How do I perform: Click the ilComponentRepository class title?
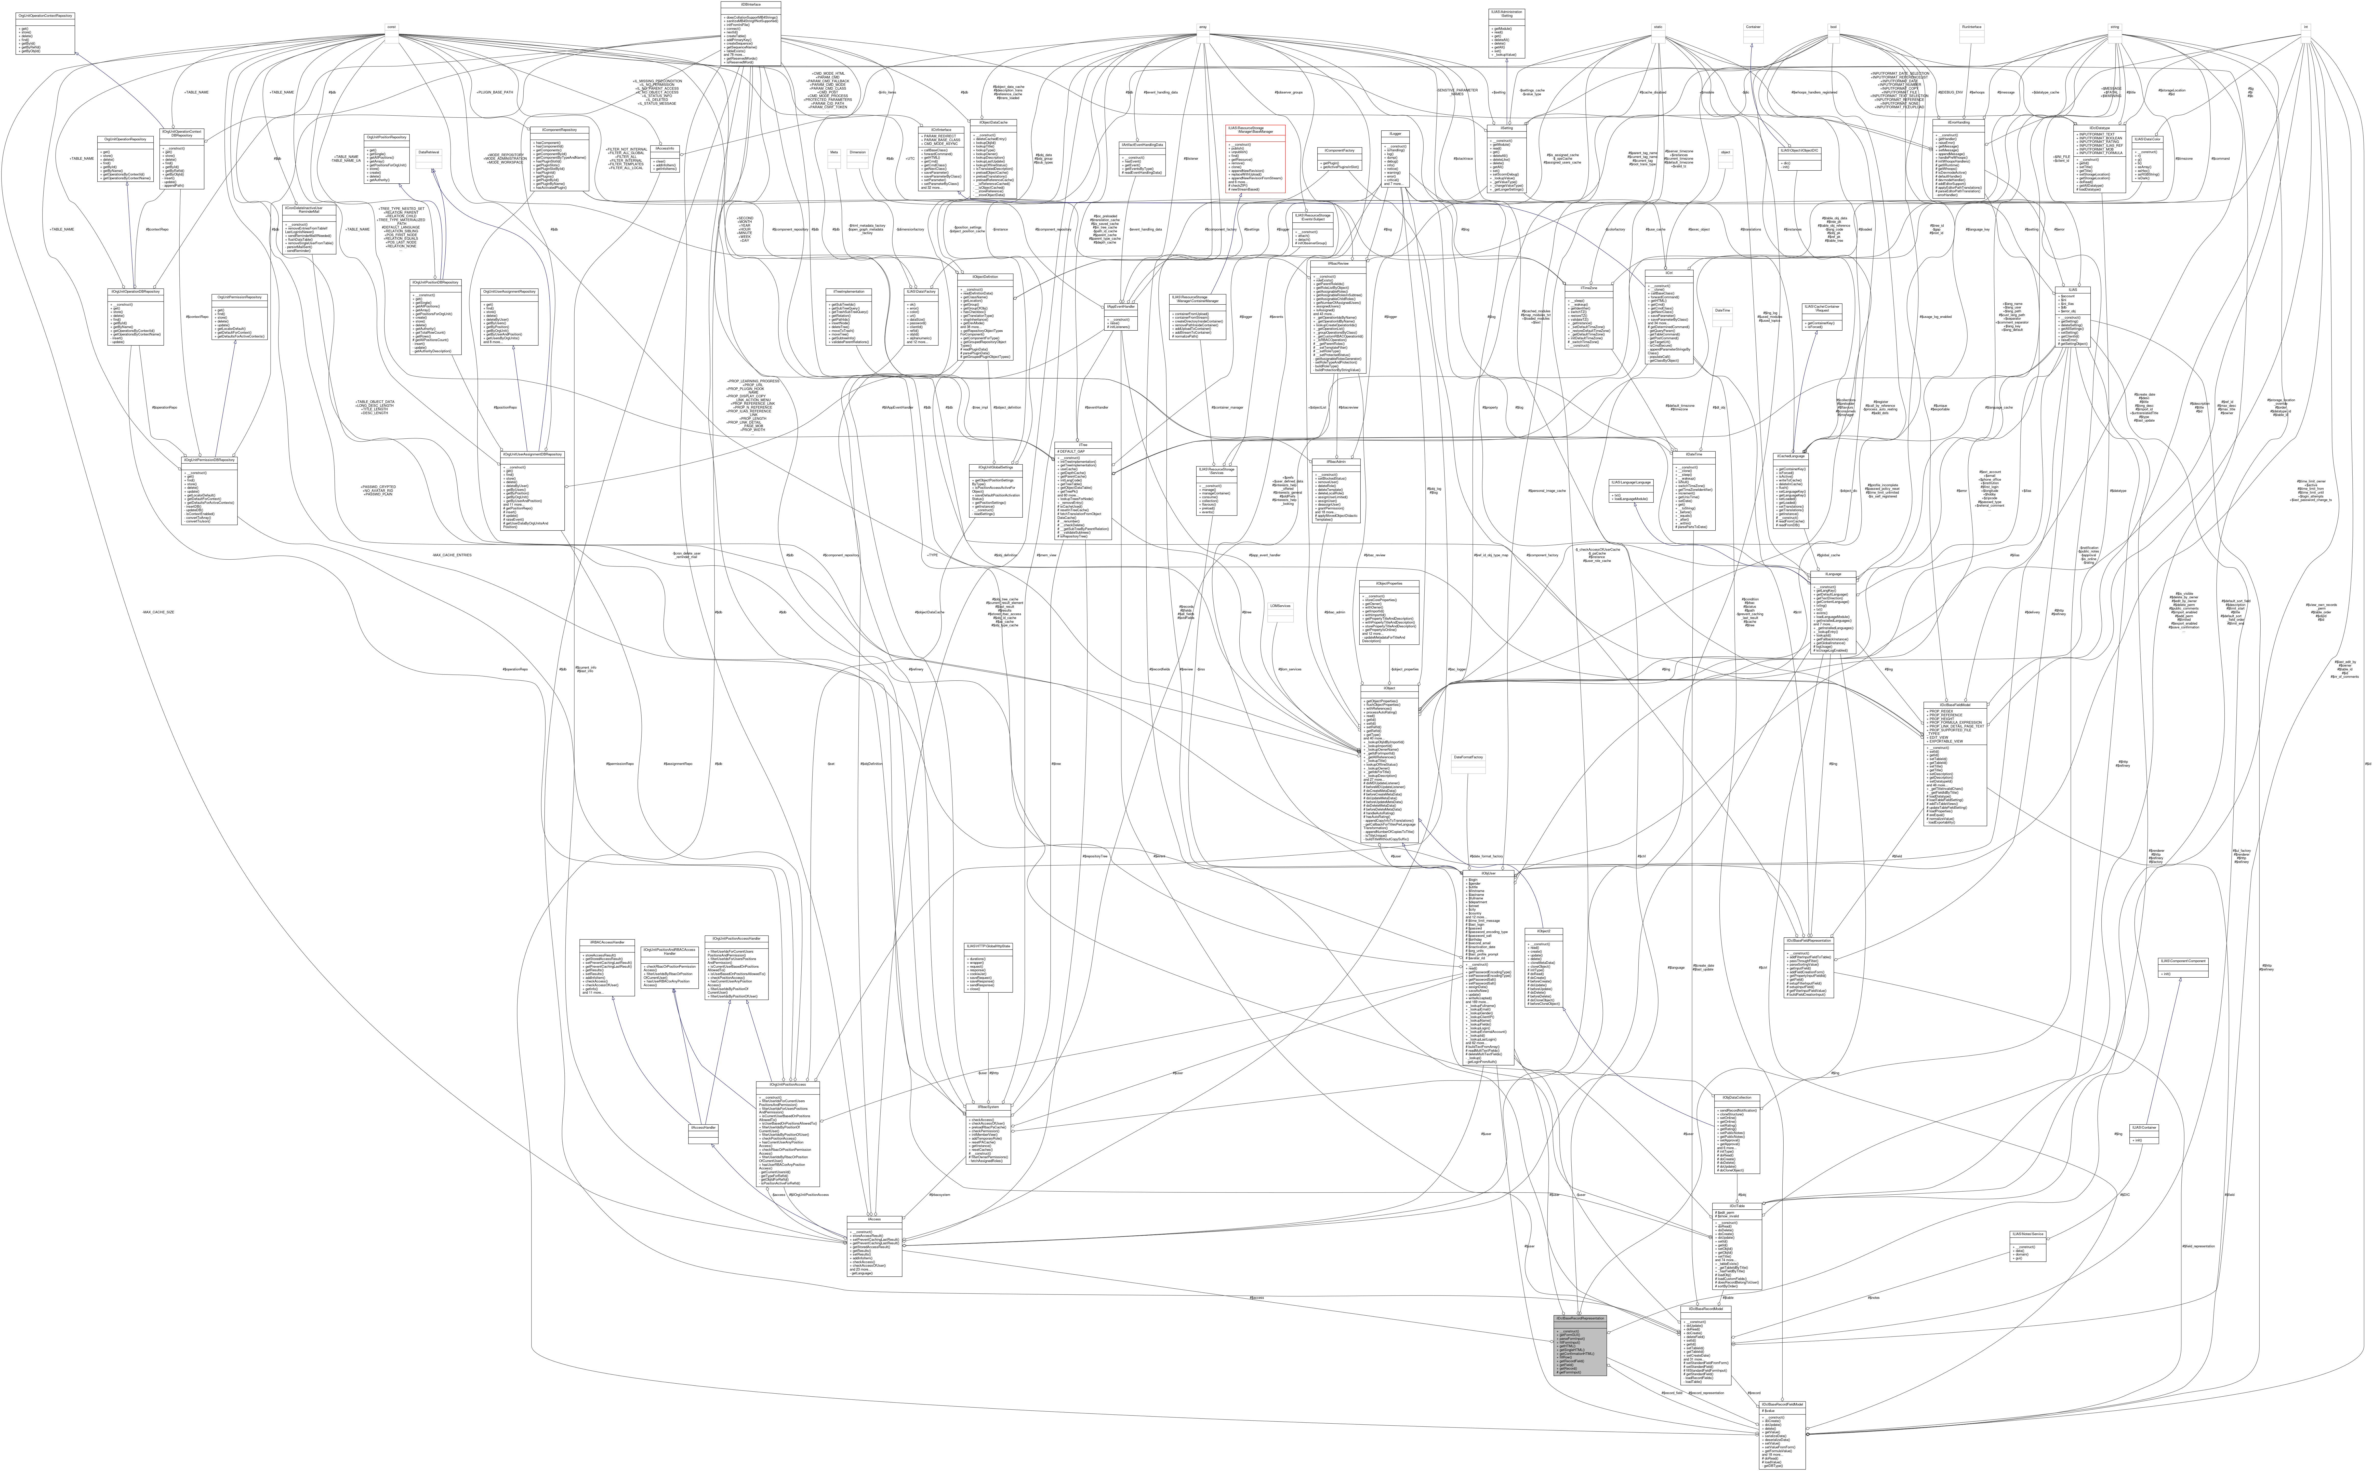pos(553,129)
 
